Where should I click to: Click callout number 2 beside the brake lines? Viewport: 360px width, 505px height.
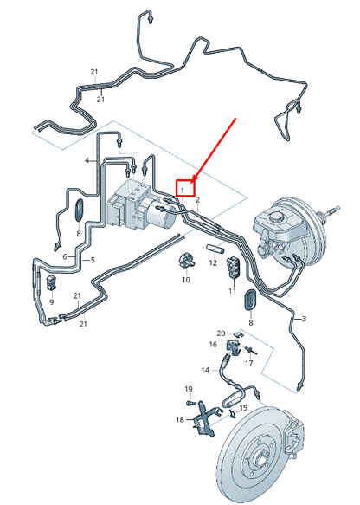(x=198, y=200)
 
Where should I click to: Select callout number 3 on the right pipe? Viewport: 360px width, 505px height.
(x=304, y=319)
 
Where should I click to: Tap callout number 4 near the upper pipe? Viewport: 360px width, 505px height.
(x=87, y=160)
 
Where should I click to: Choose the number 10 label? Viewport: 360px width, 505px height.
(x=186, y=280)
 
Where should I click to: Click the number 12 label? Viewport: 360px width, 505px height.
(x=213, y=262)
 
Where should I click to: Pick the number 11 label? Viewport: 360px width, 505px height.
(x=232, y=291)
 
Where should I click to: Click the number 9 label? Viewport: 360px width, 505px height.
(x=51, y=302)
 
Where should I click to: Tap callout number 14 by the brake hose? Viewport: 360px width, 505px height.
(x=205, y=370)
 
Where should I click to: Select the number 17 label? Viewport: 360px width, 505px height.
(x=249, y=364)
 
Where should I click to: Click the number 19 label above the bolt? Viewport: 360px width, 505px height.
(x=189, y=389)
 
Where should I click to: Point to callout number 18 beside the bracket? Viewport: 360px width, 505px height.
(x=180, y=419)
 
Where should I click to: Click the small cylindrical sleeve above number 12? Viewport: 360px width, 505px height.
(x=215, y=249)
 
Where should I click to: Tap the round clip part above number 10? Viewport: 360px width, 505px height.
(x=186, y=260)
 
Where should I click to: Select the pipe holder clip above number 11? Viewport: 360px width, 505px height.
(x=234, y=267)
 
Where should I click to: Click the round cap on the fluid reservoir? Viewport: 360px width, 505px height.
(x=276, y=217)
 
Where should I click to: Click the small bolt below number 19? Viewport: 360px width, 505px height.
(x=190, y=402)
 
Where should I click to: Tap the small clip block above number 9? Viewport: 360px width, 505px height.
(x=51, y=282)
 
